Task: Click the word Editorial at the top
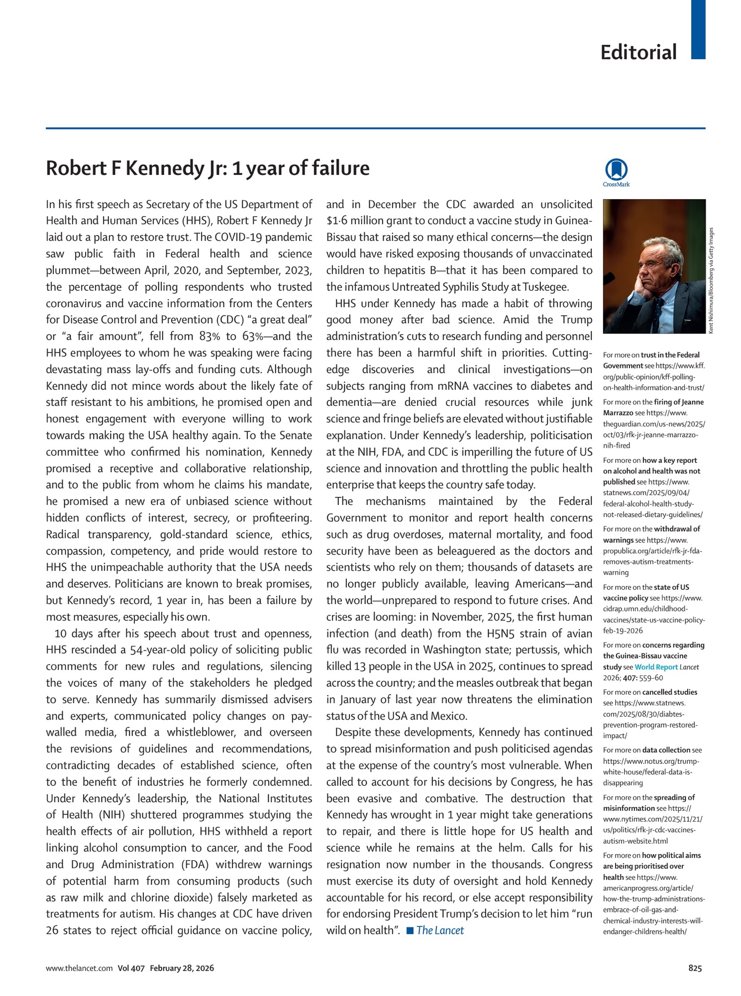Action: tap(638, 52)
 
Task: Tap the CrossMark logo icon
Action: tap(616, 170)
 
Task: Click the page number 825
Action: tap(695, 968)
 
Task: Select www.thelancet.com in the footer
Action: tap(79, 968)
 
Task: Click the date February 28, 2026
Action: tap(182, 968)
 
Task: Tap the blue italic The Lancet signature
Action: tap(440, 930)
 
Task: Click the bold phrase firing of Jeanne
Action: tap(679, 402)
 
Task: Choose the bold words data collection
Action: tap(666, 750)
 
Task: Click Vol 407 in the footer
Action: tap(131, 968)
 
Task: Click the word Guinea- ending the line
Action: tap(572, 221)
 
